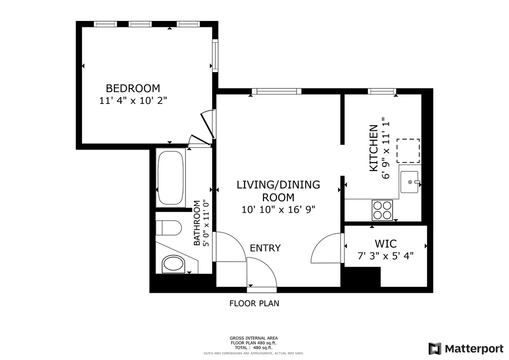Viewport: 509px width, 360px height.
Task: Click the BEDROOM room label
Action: tap(133, 89)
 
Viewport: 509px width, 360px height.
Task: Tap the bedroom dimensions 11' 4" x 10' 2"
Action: tap(133, 100)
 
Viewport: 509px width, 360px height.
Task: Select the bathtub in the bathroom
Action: tap(170, 178)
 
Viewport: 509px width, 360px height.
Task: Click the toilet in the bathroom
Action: tap(168, 228)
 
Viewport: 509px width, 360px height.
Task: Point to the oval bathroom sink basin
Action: tap(173, 263)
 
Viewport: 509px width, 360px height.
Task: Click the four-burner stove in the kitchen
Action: tap(382, 210)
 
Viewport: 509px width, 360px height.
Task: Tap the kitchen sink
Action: tap(410, 182)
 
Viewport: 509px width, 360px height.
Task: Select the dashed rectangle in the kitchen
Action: tap(408, 151)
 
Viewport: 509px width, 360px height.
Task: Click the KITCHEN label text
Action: tap(374, 148)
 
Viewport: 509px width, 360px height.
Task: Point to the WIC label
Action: tap(386, 244)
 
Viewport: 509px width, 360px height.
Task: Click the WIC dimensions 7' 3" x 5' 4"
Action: tap(386, 256)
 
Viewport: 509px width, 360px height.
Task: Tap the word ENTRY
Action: tap(265, 248)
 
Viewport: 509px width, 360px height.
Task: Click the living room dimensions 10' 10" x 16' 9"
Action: tap(278, 210)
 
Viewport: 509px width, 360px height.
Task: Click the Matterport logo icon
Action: tap(435, 349)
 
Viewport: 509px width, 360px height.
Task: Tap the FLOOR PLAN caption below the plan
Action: tap(254, 303)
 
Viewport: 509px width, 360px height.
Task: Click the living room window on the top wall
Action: tap(276, 91)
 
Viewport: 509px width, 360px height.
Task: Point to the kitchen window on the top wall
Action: tap(382, 91)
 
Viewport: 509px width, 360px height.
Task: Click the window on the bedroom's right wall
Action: tap(215, 55)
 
